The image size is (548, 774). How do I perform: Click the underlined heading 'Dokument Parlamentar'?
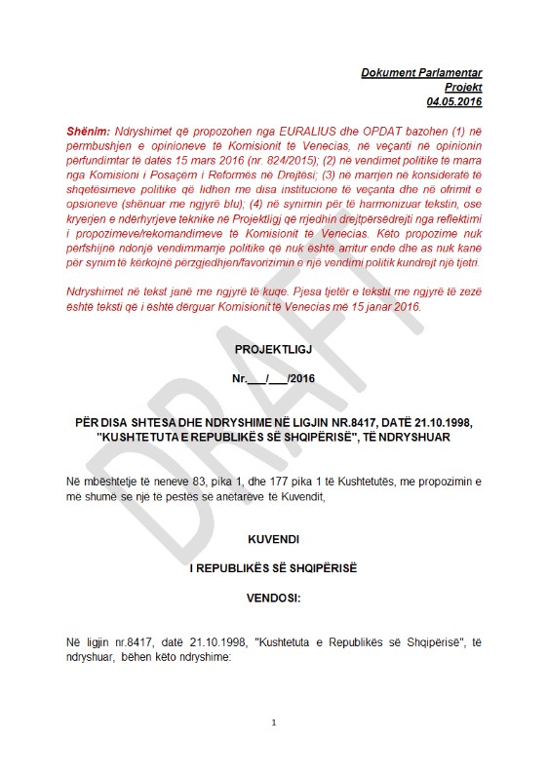[421, 73]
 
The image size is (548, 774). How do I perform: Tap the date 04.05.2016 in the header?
[454, 101]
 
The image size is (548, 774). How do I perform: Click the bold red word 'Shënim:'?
[87, 130]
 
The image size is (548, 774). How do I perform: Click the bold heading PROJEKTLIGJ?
[273, 348]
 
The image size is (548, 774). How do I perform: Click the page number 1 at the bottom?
[274, 722]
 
